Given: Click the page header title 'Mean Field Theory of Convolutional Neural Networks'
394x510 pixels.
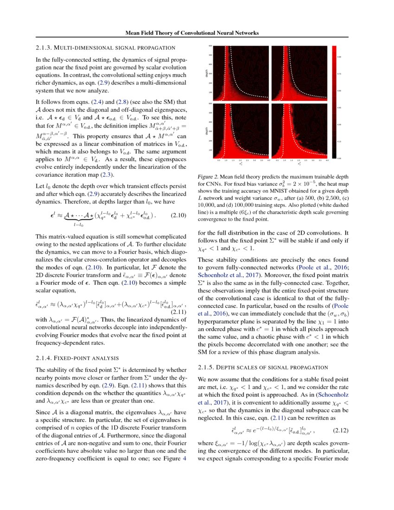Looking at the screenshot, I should [192, 33].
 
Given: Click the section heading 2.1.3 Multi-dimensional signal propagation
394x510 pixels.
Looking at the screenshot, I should [105, 48].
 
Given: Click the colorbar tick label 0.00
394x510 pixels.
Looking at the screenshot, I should [339, 159].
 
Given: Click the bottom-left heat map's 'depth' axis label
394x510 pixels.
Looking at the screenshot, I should [205, 131].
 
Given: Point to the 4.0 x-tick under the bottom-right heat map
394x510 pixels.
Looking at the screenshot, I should [327, 160].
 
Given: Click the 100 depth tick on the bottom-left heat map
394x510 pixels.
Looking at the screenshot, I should [210, 150].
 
